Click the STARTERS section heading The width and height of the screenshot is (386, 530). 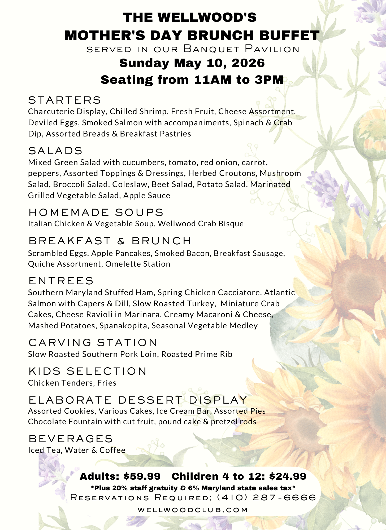click(x=64, y=100)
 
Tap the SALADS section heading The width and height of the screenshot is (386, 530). click(x=55, y=151)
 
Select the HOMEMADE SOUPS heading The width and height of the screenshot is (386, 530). click(x=96, y=212)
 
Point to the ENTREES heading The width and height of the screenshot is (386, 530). click(x=61, y=281)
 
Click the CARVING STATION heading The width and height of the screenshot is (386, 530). click(x=93, y=342)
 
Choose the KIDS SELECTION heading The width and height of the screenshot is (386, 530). click(x=88, y=371)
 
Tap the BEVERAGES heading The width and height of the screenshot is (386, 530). click(x=71, y=439)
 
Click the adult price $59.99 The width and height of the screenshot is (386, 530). click(x=142, y=476)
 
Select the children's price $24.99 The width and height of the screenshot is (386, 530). click(x=288, y=476)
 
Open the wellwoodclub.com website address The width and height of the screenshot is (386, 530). click(x=193, y=510)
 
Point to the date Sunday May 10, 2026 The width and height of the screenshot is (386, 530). click(x=192, y=63)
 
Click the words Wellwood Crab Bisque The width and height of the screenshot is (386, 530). click(x=201, y=224)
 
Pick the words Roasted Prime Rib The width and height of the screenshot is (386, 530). click(x=197, y=354)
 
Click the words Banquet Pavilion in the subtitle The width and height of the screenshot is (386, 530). click(x=241, y=49)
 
